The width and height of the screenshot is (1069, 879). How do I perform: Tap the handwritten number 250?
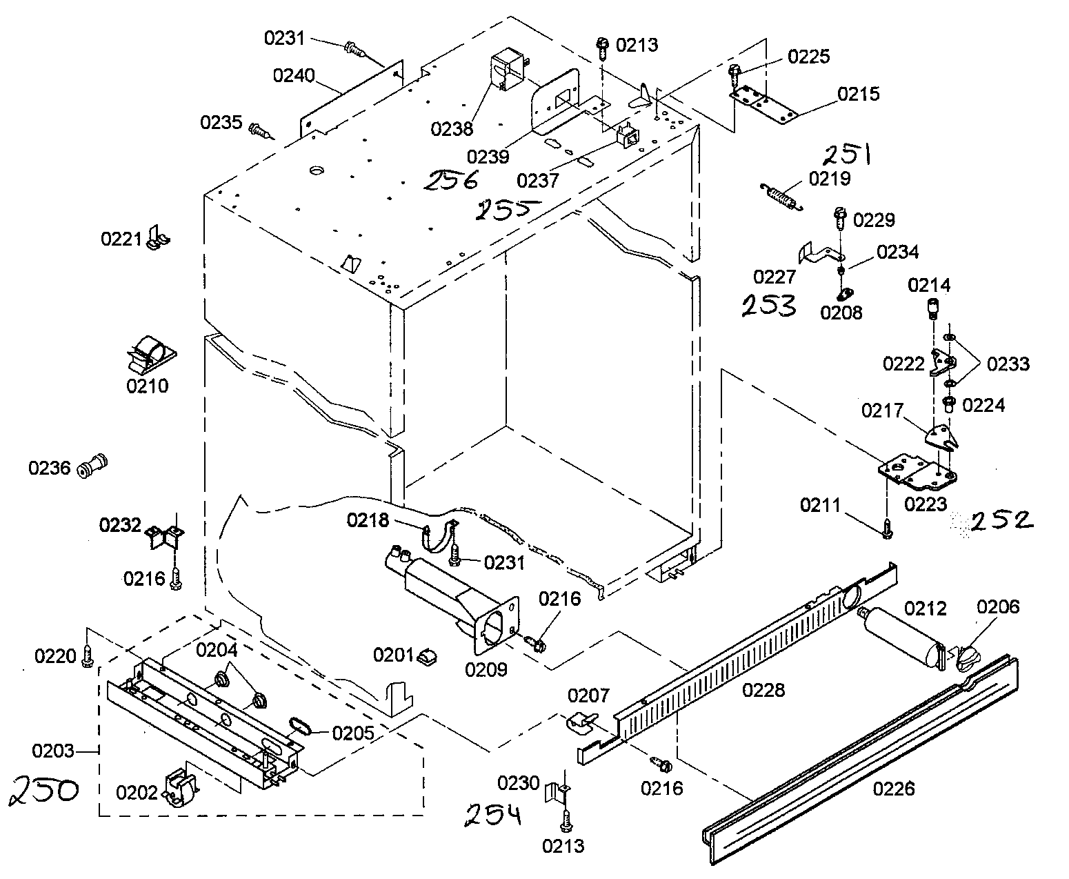point(44,791)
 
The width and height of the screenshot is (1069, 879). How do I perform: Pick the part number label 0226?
point(894,788)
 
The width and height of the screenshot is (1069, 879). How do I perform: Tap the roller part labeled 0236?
point(93,466)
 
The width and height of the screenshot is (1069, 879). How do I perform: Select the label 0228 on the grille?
point(763,689)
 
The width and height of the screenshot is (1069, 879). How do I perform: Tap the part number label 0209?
point(486,669)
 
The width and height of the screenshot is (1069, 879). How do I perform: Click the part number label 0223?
point(926,504)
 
